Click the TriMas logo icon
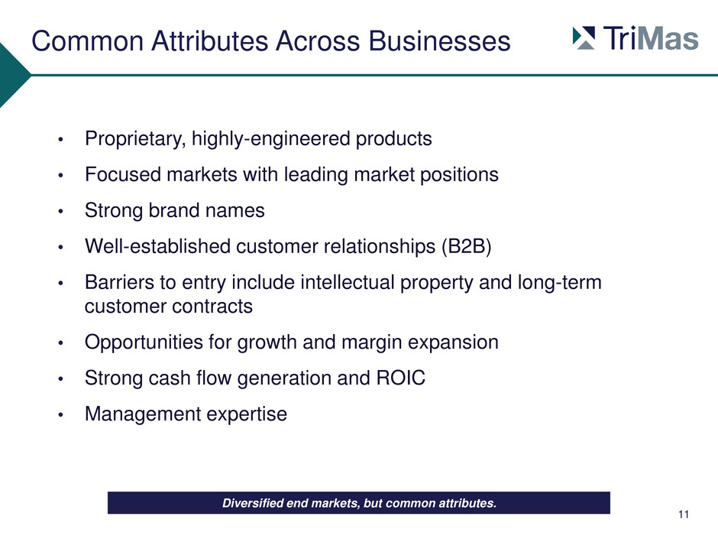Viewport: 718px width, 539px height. pos(584,38)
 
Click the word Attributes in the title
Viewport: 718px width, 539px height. pos(210,41)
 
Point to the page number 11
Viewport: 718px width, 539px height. pos(684,515)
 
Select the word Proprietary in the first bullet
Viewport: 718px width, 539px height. pos(135,139)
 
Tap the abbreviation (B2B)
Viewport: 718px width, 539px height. pos(466,247)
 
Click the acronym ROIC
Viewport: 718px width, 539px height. pos(401,378)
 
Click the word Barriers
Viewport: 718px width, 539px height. pos(119,282)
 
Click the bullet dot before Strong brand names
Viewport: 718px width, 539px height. pos(60,211)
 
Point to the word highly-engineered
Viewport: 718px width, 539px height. pos(270,139)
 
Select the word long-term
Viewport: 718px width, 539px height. pos(560,283)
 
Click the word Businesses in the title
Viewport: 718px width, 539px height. pos(439,41)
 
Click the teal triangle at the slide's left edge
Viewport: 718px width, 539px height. pos(13,75)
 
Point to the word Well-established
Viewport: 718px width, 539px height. pos(157,247)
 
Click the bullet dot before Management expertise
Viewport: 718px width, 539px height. pos(60,415)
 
